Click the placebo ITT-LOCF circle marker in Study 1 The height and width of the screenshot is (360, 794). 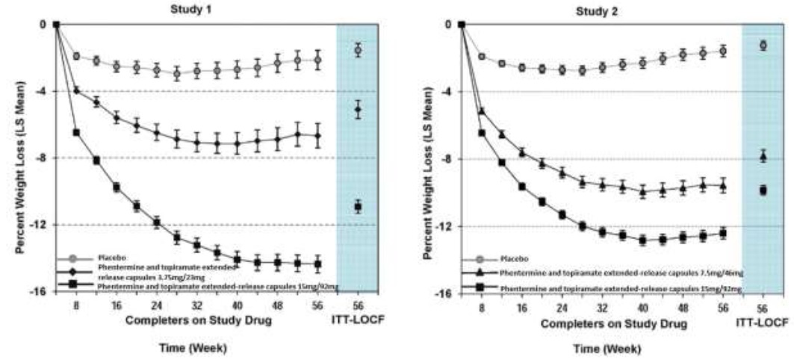358,50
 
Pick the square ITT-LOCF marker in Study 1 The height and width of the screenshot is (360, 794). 358,206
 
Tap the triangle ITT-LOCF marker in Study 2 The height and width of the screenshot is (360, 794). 763,156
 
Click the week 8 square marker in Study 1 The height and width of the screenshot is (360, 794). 76,132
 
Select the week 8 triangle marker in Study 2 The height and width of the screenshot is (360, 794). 482,112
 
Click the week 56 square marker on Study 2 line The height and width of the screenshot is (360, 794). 723,234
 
